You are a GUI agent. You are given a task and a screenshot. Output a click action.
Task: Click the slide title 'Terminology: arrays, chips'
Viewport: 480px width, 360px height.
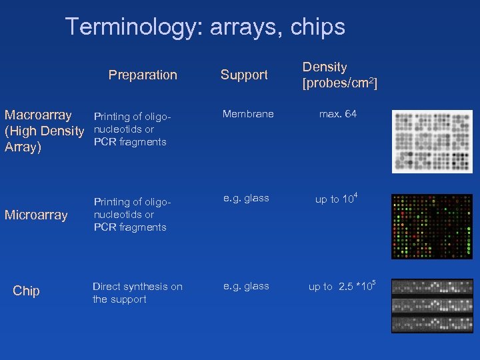[205, 27]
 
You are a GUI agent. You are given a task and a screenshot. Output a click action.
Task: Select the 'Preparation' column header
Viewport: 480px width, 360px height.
[143, 75]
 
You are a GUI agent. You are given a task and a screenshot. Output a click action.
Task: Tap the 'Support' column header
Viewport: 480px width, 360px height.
[244, 75]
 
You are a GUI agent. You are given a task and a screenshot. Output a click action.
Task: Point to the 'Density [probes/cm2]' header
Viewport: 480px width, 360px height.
[339, 75]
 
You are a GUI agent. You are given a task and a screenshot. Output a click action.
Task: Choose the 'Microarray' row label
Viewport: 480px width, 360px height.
[36, 215]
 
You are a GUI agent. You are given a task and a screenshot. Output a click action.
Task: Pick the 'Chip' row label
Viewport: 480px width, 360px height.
[27, 291]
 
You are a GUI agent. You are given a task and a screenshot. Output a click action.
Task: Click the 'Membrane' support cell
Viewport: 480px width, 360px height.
[248, 114]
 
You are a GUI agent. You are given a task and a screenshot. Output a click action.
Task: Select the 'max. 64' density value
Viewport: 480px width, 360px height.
[337, 114]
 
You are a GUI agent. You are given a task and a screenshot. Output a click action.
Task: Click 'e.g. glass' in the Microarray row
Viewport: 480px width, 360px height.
[246, 198]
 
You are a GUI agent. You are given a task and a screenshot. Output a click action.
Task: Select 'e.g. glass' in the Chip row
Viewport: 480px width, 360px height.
[246, 286]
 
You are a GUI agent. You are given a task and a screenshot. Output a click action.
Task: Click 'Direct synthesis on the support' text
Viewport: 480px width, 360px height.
[137, 293]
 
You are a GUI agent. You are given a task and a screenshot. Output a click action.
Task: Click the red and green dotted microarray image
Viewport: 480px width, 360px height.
[431, 227]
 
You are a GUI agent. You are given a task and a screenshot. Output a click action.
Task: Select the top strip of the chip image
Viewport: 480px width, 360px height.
[431, 288]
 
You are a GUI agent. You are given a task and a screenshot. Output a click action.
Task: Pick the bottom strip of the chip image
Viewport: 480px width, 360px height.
[431, 324]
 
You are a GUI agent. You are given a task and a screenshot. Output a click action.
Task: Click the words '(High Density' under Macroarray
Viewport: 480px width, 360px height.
[44, 131]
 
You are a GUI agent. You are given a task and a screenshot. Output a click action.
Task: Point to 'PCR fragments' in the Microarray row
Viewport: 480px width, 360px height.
[130, 227]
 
